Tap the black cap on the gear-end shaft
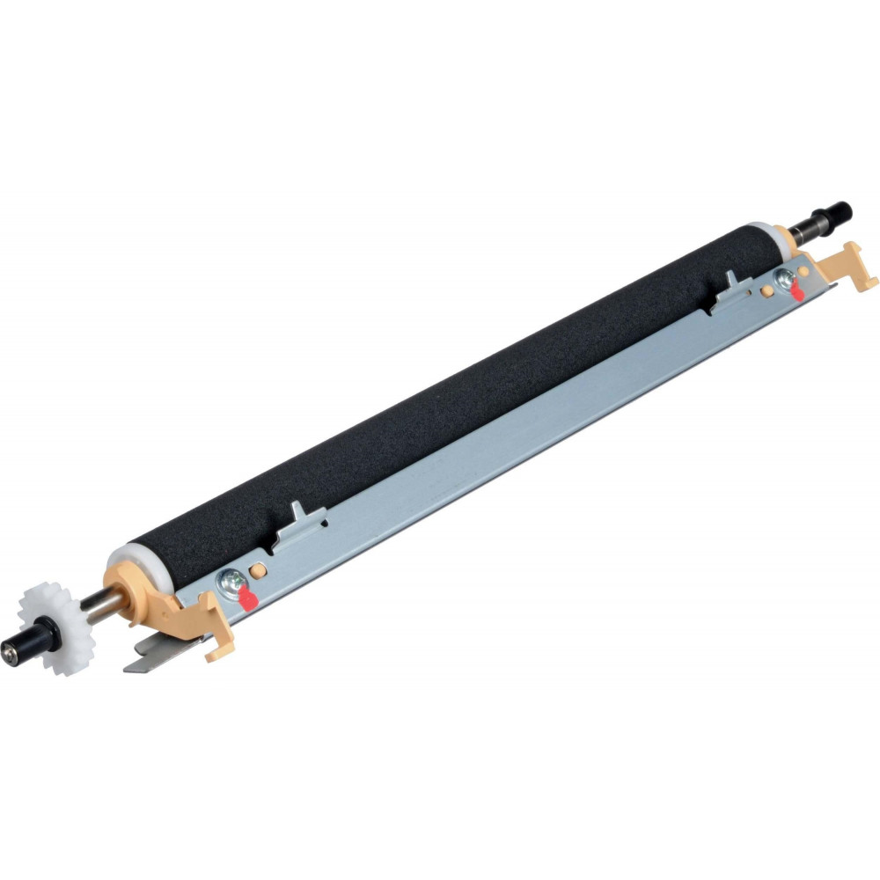[19, 652]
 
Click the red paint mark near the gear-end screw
[249, 600]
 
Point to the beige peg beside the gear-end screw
[256, 570]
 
